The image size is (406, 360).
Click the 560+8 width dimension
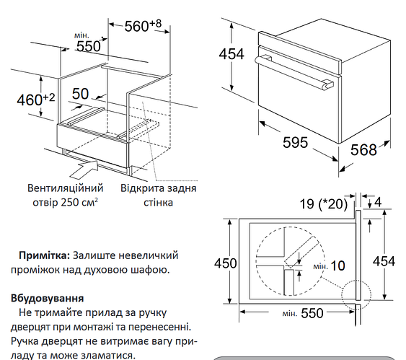[143, 26]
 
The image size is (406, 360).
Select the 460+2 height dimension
[36, 100]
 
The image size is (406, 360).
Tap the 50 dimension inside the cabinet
[80, 94]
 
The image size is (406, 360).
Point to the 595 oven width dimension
[296, 142]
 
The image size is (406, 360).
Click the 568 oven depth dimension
[363, 150]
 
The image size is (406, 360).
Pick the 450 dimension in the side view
[225, 263]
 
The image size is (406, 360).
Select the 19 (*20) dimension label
[323, 204]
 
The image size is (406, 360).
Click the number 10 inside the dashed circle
[338, 265]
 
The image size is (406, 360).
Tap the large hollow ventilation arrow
[84, 169]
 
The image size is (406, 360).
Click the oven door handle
[294, 73]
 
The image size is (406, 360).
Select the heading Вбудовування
[48, 299]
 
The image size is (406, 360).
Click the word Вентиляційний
[65, 188]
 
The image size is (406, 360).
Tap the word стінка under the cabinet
[158, 202]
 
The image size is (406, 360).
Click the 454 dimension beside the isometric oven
[231, 54]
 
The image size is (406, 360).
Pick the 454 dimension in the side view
[384, 261]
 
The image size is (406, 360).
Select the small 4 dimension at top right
[378, 202]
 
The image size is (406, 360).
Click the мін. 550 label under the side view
[303, 313]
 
